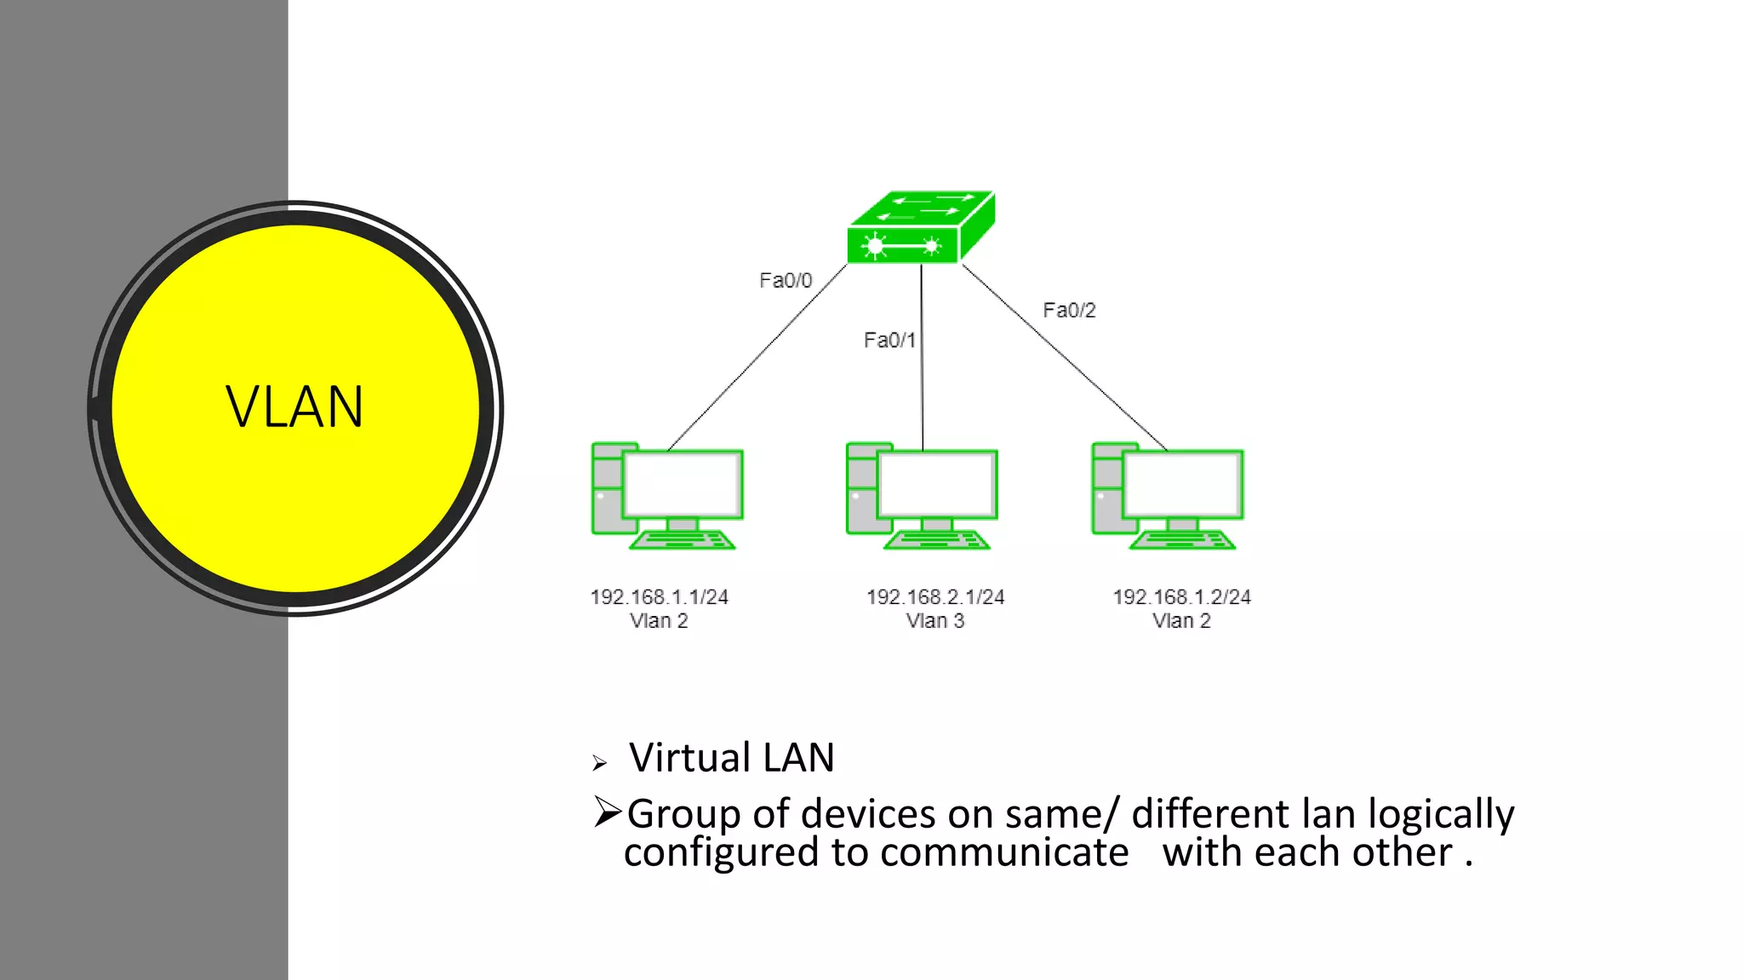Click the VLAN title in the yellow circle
coord(294,407)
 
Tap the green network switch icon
coord(921,228)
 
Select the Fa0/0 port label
coord(786,281)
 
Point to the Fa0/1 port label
coord(889,340)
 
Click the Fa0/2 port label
coord(1069,311)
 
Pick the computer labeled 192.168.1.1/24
coord(666,496)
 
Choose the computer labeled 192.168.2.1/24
coord(921,496)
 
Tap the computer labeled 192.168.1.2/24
coord(1167,496)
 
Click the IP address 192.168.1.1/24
coord(660,597)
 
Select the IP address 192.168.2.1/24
coord(935,597)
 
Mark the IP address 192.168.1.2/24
coord(1181,597)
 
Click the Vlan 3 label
coord(935,621)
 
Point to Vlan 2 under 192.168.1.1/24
coord(659,621)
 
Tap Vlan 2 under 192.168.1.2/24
coord(1181,621)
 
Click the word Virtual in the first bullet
coord(689,757)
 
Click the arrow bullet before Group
coord(608,812)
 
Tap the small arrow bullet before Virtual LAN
coord(600,763)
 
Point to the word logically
coord(1441,814)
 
